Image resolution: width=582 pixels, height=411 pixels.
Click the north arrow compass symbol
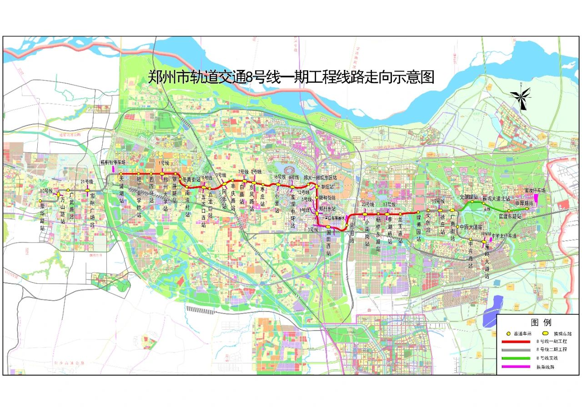click(x=521, y=98)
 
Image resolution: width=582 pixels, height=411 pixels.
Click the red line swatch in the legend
click(x=517, y=341)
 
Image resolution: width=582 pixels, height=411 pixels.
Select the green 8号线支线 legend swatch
click(x=517, y=358)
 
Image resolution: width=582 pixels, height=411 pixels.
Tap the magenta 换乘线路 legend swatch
click(x=517, y=367)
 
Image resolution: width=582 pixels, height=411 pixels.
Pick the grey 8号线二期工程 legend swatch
click(x=517, y=350)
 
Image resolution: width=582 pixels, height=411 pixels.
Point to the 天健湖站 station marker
click(x=121, y=174)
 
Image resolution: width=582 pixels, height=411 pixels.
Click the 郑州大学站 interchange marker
click(x=162, y=174)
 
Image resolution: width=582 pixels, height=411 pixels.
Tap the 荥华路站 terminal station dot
click(x=40, y=200)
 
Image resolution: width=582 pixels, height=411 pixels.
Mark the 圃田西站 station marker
click(x=328, y=227)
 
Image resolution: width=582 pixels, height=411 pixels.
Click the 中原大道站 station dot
click(x=458, y=226)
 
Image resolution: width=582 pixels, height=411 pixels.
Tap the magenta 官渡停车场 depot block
click(x=537, y=198)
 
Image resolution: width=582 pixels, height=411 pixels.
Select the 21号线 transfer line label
click(x=87, y=182)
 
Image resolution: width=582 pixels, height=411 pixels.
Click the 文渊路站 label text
click(x=469, y=197)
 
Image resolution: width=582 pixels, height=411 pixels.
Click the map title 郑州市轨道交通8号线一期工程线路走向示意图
click(x=291, y=77)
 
